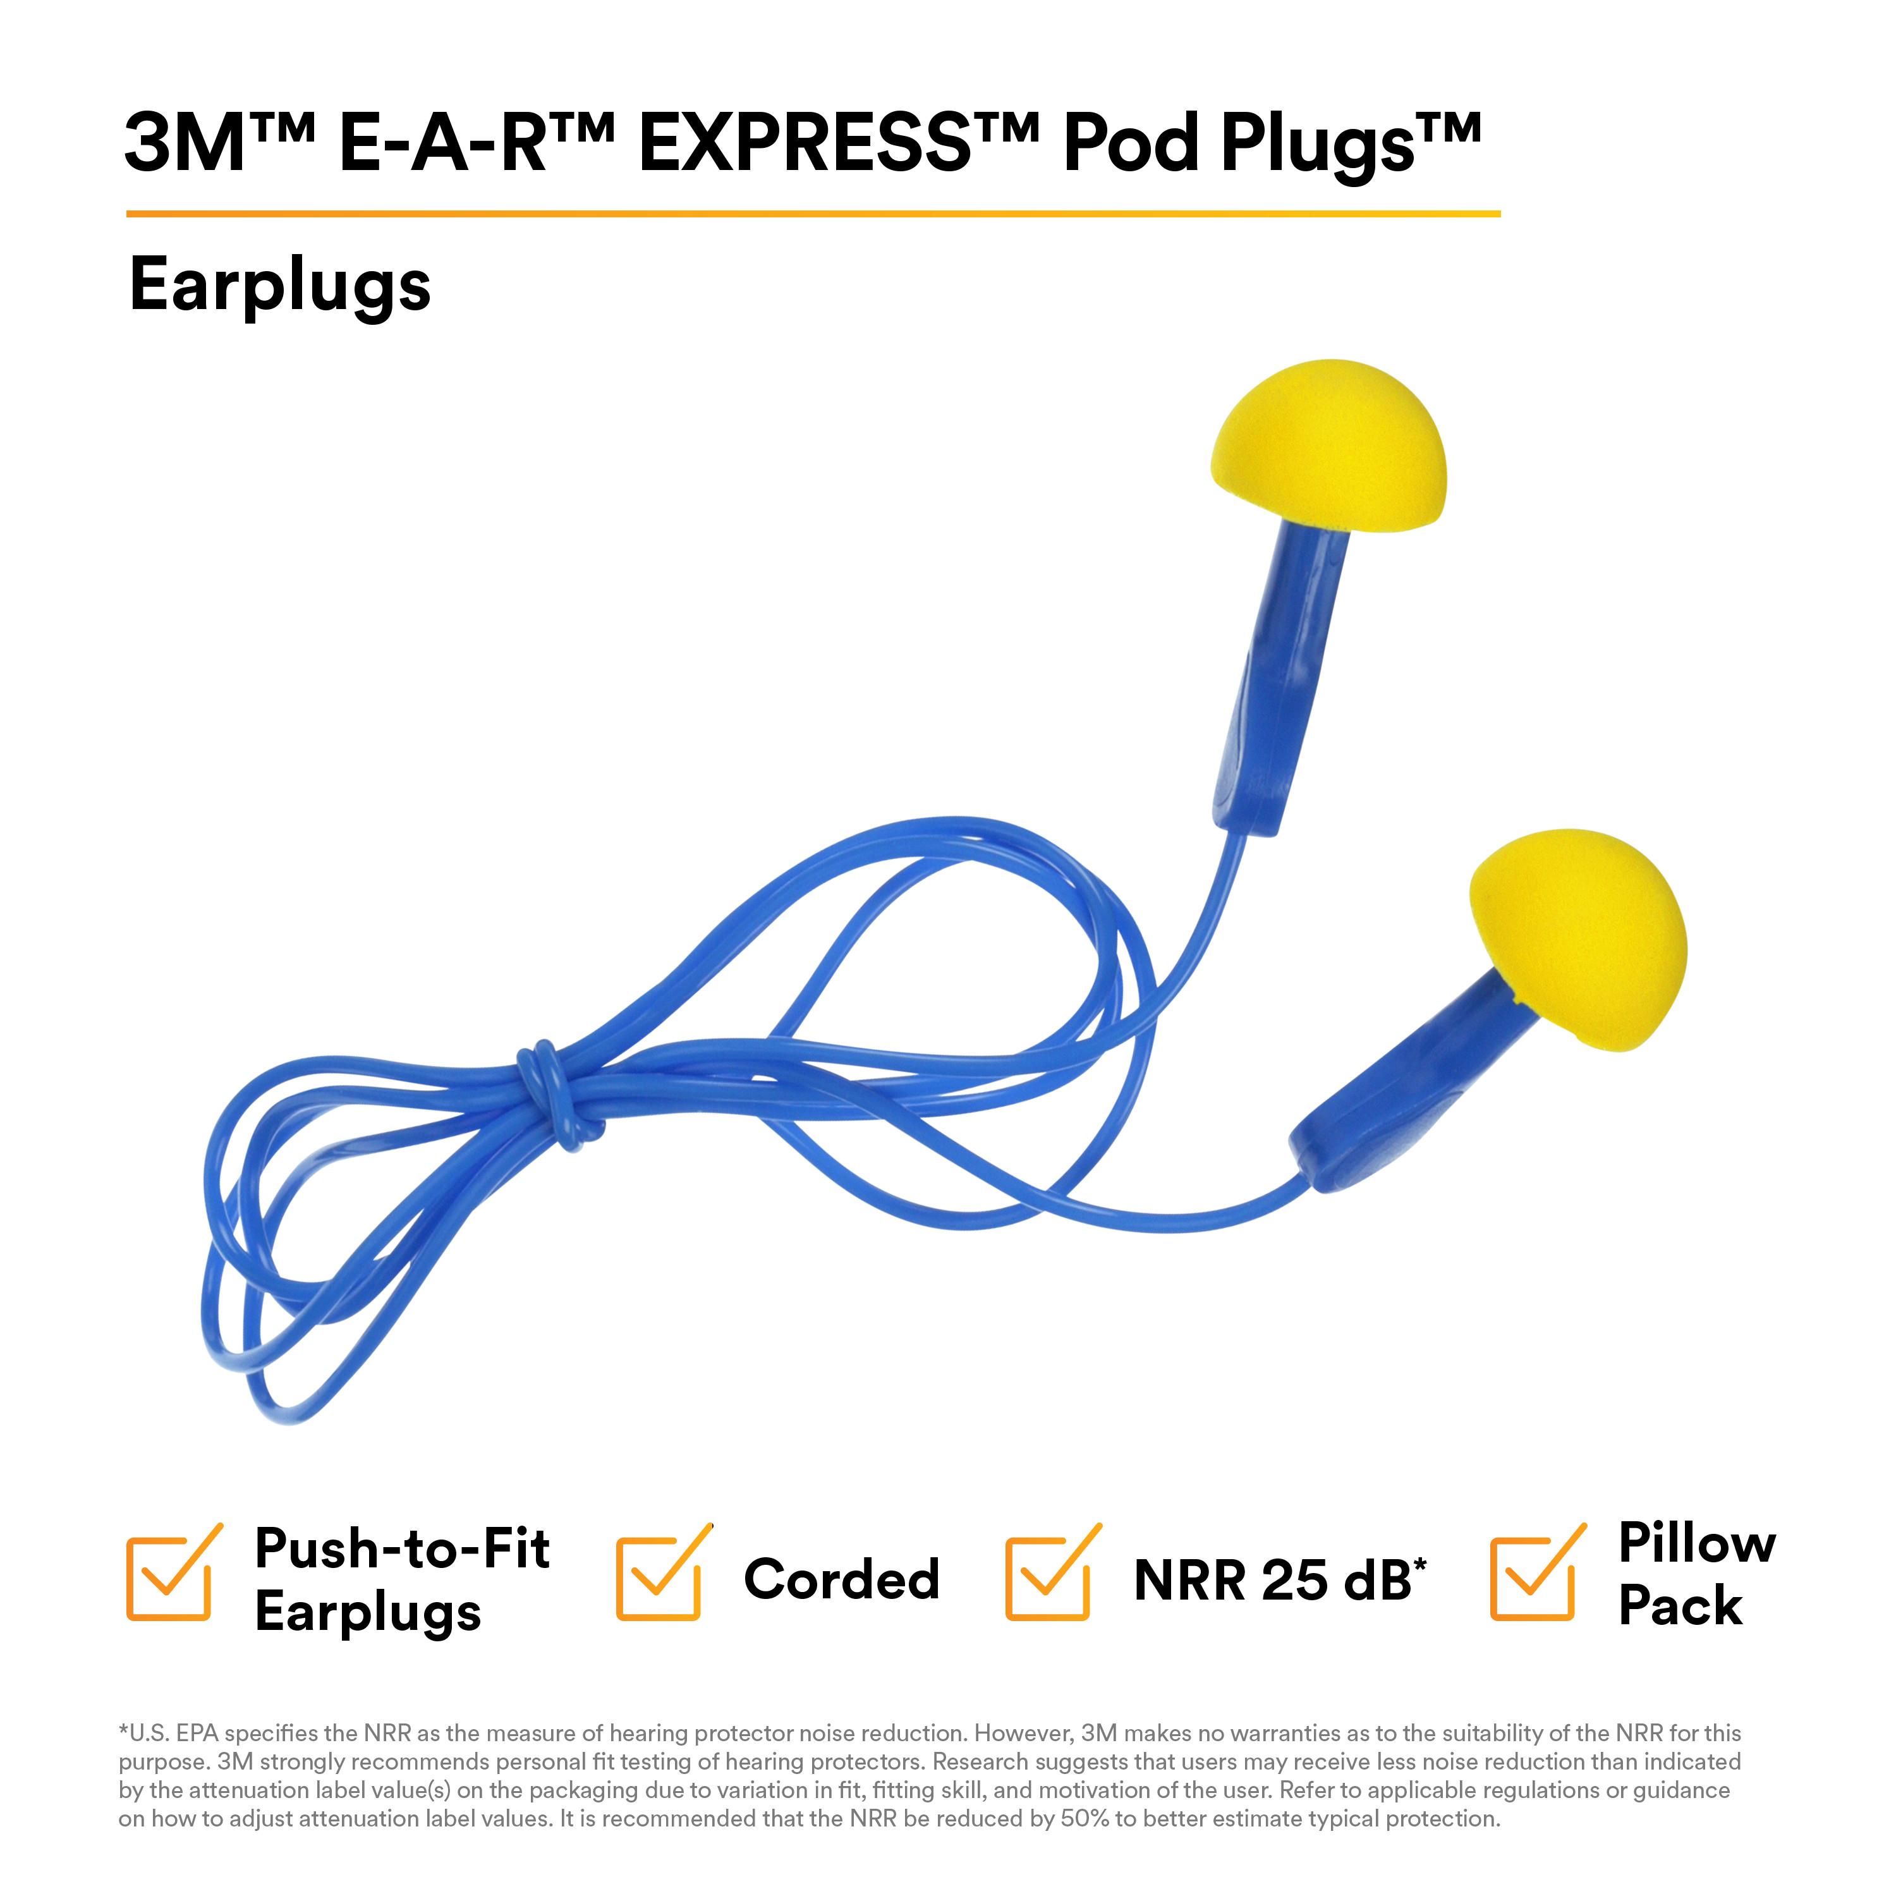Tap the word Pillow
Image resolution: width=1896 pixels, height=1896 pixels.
pyautogui.click(x=1697, y=1543)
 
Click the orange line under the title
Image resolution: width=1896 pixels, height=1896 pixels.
pyautogui.click(x=813, y=213)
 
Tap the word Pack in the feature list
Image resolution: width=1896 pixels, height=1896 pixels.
pyautogui.click(x=1680, y=1605)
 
